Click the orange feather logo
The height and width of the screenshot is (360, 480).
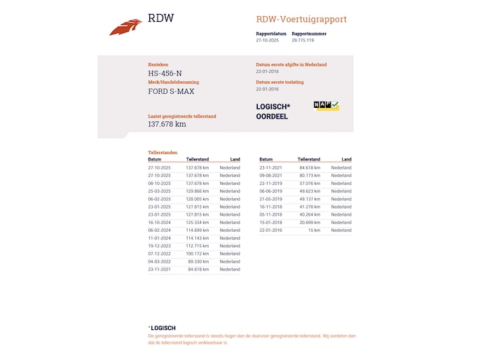pyautogui.click(x=125, y=27)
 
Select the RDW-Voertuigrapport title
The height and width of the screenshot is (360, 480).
pyautogui.click(x=301, y=20)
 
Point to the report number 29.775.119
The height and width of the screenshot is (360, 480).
pyautogui.click(x=303, y=41)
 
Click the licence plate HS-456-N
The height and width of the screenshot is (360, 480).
pyautogui.click(x=165, y=73)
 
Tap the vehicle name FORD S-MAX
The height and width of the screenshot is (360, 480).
pyautogui.click(x=171, y=91)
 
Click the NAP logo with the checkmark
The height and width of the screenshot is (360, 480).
pyautogui.click(x=326, y=106)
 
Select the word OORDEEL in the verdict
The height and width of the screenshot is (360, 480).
pyautogui.click(x=272, y=116)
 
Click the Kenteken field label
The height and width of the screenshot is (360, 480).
pyautogui.click(x=158, y=64)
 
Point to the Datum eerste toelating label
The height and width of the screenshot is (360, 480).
pyautogui.click(x=280, y=82)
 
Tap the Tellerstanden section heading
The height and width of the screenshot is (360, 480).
pyautogui.click(x=163, y=152)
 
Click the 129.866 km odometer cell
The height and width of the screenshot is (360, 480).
pyautogui.click(x=198, y=191)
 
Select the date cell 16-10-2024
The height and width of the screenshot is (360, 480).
pyautogui.click(x=159, y=222)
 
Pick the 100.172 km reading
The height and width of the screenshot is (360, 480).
pyautogui.click(x=198, y=254)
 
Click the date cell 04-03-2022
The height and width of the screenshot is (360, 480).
pyautogui.click(x=159, y=261)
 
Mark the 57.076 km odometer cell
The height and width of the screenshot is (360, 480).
pyautogui.click(x=309, y=184)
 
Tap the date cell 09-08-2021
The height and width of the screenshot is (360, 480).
pyautogui.click(x=270, y=176)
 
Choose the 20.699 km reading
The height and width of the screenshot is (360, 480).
pyautogui.click(x=309, y=222)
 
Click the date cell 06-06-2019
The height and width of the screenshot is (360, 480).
pyautogui.click(x=270, y=191)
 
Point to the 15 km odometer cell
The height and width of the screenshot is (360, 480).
pyautogui.click(x=313, y=230)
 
